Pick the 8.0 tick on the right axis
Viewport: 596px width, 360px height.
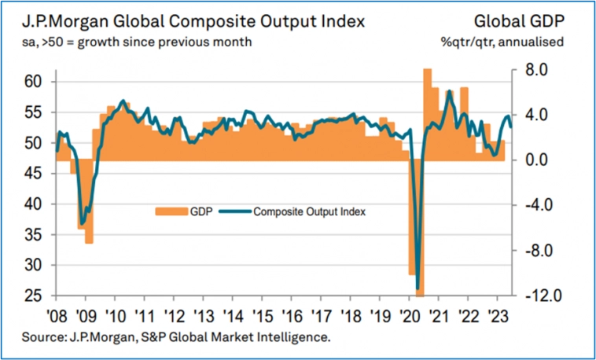pyautogui.click(x=524, y=70)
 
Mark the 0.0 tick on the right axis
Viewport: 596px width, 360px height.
pyautogui.click(x=524, y=160)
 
